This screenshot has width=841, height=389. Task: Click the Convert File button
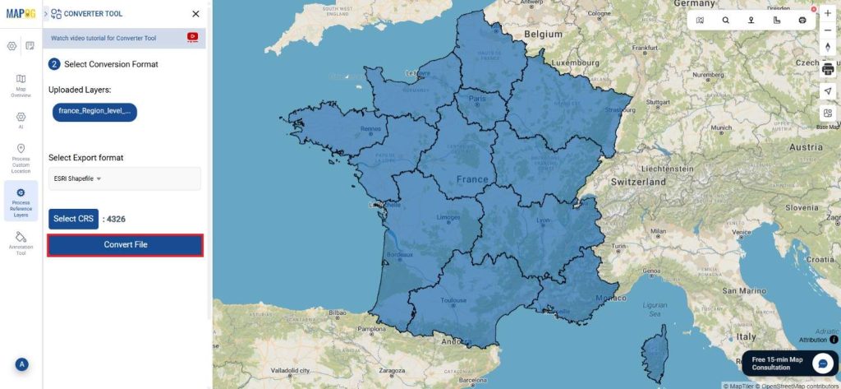point(125,245)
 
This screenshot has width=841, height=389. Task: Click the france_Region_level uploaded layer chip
point(94,111)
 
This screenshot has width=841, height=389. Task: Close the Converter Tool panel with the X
point(195,14)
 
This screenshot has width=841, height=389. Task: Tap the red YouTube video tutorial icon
point(193,37)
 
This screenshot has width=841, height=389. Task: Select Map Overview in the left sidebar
point(21,86)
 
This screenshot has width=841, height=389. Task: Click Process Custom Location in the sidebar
point(21,158)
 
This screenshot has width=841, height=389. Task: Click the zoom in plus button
point(827,14)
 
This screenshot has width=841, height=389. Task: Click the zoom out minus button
point(827,30)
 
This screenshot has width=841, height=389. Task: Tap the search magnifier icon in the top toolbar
point(725,20)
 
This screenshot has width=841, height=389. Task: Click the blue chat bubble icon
point(824,364)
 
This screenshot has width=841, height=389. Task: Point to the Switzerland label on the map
point(638,181)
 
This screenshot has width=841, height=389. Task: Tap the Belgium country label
point(543,35)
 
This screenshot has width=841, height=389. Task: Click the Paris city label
point(477,99)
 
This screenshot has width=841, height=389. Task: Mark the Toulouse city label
point(454,300)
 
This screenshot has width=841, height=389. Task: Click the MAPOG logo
point(21,13)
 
